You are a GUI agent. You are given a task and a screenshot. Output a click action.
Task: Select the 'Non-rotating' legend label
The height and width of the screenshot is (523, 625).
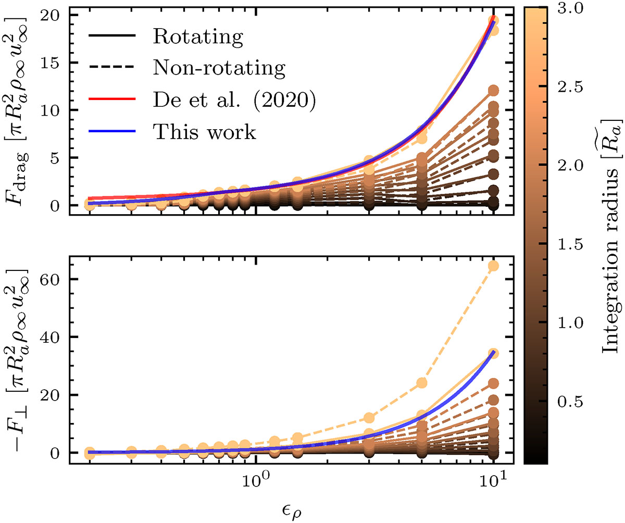[219, 69]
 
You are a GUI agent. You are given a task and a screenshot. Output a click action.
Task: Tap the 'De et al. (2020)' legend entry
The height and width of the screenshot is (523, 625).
[234, 101]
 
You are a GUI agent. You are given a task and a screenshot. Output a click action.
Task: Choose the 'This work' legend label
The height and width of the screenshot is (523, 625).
[205, 132]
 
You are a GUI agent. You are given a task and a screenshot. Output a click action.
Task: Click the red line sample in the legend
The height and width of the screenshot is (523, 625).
[112, 101]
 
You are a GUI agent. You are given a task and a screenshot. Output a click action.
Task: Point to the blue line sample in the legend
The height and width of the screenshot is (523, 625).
[112, 132]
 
